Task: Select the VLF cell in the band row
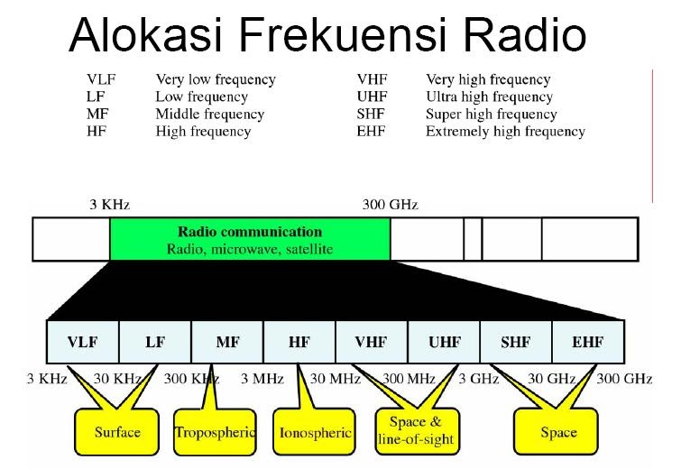click(82, 343)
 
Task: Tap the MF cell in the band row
click(227, 343)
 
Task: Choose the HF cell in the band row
click(299, 343)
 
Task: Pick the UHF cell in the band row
click(443, 343)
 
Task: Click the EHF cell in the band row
click(587, 343)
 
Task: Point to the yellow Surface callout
click(117, 432)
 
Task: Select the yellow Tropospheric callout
click(215, 432)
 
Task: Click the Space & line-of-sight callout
click(415, 430)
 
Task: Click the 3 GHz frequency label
click(478, 378)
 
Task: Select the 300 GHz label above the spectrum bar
click(390, 205)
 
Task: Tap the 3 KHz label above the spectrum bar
click(108, 205)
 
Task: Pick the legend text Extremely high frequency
click(505, 132)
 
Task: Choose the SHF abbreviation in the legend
click(372, 115)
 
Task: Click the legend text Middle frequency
click(210, 115)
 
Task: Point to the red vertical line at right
click(651, 135)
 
